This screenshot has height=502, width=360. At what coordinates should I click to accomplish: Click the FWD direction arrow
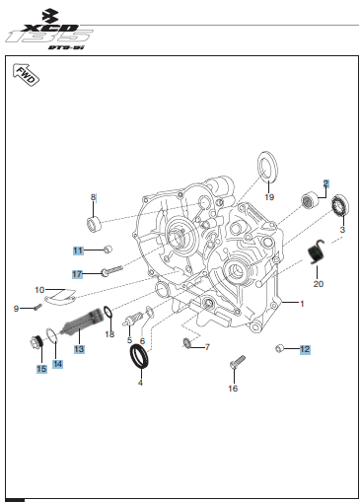[26, 75]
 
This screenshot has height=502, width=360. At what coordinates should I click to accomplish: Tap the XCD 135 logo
[49, 30]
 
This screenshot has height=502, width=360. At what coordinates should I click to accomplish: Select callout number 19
[269, 197]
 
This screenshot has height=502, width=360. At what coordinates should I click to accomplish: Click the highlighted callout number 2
[325, 183]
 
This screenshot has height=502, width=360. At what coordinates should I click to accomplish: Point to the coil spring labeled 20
[316, 251]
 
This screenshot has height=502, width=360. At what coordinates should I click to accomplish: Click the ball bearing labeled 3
[340, 205]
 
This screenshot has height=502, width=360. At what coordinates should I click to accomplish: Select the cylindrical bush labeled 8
[94, 225]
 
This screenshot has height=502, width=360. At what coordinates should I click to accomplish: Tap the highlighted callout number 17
[77, 274]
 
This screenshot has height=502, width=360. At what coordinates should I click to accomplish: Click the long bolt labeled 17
[112, 270]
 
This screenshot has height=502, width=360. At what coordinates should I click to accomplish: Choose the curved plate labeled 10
[60, 296]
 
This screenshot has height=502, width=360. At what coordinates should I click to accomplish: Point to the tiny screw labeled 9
[37, 307]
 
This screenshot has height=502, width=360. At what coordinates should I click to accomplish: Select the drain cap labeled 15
[36, 342]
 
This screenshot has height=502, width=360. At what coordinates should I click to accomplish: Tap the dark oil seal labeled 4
[139, 357]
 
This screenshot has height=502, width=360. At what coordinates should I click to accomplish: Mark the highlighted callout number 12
[305, 349]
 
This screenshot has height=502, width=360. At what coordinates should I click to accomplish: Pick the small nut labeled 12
[279, 348]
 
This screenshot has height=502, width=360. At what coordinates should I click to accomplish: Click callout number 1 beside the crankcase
[302, 304]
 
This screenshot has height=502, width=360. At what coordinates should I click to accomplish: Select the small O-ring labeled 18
[108, 313]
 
